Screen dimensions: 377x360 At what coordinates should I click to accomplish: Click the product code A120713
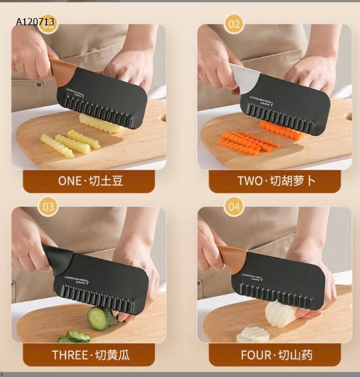36,22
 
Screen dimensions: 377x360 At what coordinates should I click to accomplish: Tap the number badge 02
234,24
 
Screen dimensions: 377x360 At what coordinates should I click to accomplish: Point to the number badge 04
235,207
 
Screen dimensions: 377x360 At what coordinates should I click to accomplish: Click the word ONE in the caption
71,181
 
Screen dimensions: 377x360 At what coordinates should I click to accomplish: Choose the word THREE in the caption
70,355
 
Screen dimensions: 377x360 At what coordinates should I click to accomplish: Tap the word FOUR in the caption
256,355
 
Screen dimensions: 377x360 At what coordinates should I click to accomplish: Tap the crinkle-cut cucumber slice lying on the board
77,336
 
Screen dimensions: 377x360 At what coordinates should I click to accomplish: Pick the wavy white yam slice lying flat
254,334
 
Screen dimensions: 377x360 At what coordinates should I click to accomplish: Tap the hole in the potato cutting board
163,117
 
